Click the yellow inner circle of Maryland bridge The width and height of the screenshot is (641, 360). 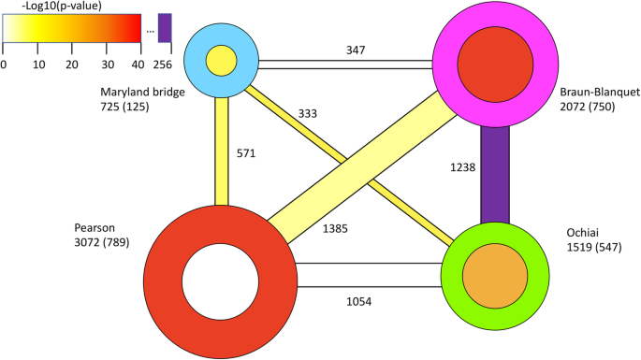221,62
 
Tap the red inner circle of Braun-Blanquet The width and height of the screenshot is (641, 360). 497,64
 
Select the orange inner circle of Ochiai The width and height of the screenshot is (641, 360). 495,275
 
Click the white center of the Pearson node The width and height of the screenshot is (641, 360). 218,281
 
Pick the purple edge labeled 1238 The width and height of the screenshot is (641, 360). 495,178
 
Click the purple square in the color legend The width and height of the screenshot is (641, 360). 165,28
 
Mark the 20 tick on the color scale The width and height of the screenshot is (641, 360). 71,64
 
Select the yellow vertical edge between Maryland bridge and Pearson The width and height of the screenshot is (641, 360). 222,140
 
